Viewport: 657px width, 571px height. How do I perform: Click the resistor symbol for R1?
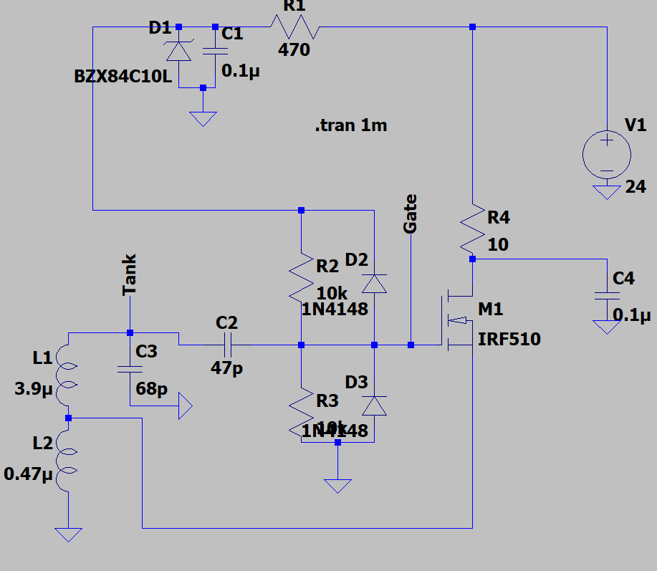294,27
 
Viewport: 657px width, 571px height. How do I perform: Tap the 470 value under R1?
294,50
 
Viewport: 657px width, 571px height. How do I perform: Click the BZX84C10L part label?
123,77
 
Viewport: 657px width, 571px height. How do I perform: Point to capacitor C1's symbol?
215,51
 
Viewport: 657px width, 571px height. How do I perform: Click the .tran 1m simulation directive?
351,126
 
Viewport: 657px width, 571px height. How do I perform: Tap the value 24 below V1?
635,188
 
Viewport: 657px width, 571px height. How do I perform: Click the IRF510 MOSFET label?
509,339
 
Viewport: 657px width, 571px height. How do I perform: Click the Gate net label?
411,213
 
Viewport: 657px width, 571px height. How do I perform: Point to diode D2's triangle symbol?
373,284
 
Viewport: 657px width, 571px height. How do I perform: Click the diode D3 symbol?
373,406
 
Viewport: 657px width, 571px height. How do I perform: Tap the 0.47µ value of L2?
29,474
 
